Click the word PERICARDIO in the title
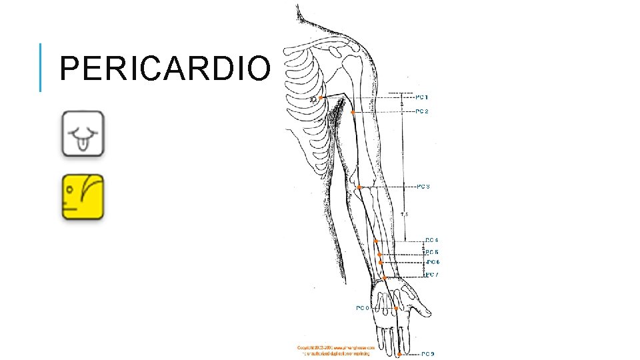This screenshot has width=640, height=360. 165,68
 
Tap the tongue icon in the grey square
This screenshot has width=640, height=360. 83,134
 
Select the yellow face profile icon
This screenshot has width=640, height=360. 83,197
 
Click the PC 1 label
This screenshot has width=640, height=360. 422,97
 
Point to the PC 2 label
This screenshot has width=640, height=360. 422,111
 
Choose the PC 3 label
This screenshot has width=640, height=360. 423,187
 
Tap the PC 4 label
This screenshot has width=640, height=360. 431,240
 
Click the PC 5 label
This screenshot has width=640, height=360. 432,252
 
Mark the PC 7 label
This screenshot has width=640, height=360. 432,275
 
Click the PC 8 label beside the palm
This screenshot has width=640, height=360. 363,308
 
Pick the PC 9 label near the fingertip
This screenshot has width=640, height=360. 428,354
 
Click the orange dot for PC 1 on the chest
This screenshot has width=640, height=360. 321,98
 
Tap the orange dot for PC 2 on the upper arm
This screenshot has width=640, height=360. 353,112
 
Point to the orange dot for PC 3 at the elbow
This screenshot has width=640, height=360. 359,187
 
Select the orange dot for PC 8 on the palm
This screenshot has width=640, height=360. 396,309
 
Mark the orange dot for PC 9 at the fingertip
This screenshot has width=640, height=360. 399,355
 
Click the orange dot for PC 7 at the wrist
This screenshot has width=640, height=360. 385,277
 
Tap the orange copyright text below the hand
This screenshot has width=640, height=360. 336,350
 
